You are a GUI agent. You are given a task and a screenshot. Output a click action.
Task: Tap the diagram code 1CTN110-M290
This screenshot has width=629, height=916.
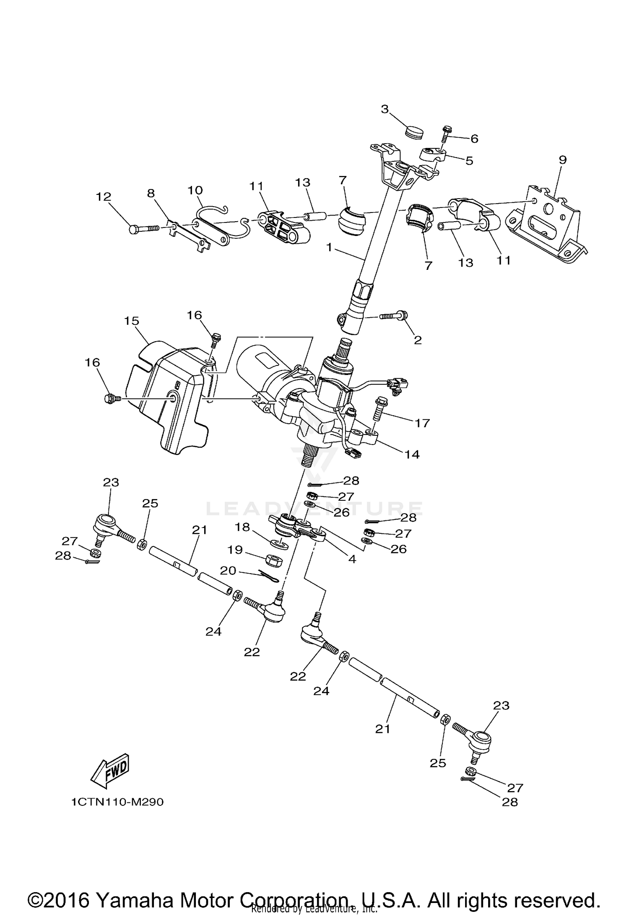[117, 802]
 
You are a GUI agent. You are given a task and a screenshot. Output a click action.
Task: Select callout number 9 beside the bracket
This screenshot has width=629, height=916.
[562, 160]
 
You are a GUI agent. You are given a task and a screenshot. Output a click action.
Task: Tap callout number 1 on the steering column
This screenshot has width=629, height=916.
[329, 248]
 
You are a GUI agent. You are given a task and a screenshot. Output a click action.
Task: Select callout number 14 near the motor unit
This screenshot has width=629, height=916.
[412, 454]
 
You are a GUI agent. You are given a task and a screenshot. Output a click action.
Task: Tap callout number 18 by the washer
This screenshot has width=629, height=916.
[242, 527]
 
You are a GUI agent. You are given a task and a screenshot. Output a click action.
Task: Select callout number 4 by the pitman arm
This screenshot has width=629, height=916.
[352, 559]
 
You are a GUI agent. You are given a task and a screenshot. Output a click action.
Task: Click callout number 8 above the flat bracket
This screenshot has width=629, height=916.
[151, 193]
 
